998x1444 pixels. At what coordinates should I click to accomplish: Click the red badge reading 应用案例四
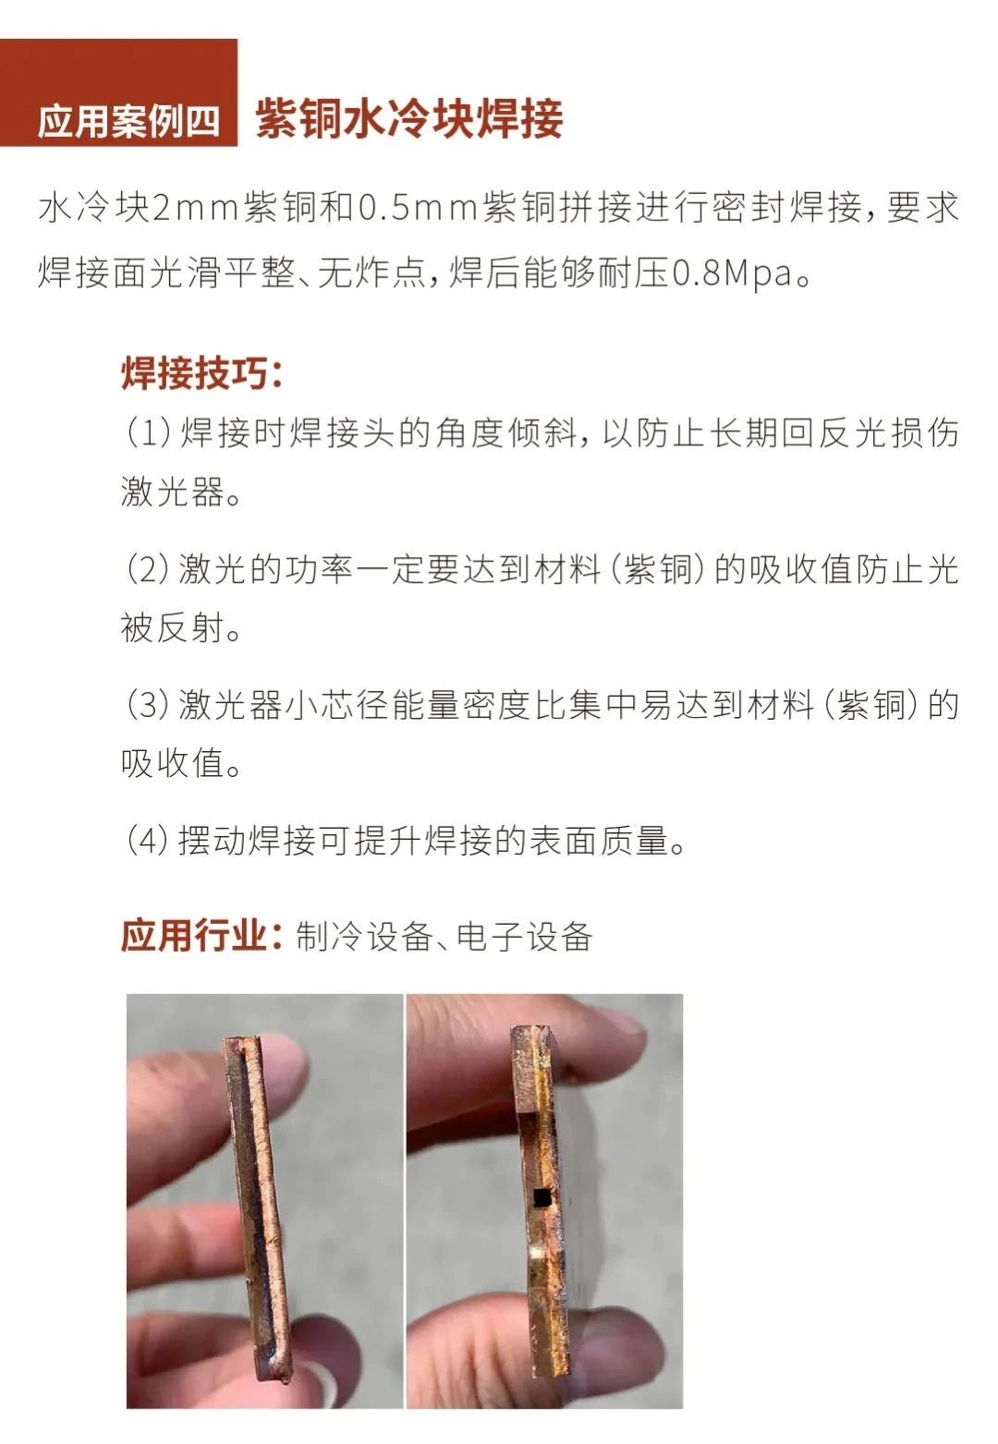click(x=118, y=92)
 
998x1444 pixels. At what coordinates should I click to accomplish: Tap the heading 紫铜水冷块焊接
click(x=408, y=118)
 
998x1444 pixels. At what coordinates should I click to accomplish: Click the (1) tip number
click(x=148, y=433)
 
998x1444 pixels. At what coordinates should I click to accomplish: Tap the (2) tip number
click(x=148, y=569)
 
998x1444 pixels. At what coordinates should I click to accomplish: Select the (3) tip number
click(x=148, y=705)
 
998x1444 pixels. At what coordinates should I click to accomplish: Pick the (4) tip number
click(x=148, y=841)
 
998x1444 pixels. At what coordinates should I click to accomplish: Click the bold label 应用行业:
click(x=201, y=936)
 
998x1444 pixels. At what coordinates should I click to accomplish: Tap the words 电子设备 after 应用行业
click(x=525, y=937)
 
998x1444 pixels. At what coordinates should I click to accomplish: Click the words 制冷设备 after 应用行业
click(x=364, y=937)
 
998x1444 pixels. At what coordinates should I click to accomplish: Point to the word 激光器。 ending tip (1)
click(x=181, y=491)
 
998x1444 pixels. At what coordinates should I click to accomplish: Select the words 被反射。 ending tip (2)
click(x=181, y=627)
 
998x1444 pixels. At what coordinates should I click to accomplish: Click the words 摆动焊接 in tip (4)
click(x=247, y=841)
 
